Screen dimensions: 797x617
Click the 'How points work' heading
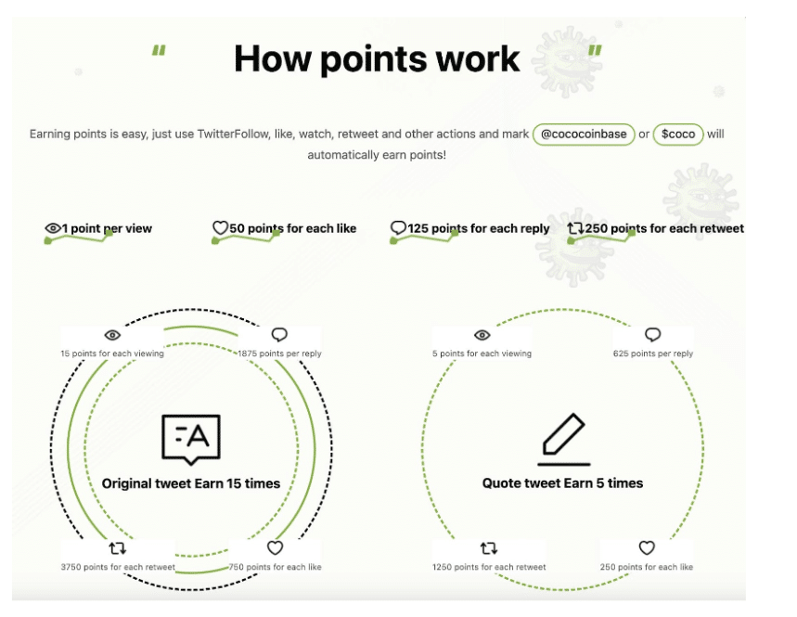[x=377, y=59]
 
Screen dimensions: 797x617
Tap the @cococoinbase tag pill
[x=584, y=135]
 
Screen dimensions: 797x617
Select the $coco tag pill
[x=678, y=135]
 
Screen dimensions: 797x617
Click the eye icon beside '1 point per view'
[x=53, y=228]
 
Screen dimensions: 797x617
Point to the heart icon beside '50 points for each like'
[x=220, y=227]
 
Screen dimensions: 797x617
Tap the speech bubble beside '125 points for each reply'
[x=398, y=227]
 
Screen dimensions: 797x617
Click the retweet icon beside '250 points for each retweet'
[x=575, y=228]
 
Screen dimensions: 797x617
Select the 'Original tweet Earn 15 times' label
[x=191, y=483]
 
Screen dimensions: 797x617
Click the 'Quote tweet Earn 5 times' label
[x=562, y=482]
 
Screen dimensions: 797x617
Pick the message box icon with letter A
[x=191, y=439]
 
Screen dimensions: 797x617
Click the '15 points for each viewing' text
[x=112, y=353]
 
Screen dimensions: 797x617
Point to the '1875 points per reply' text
[x=279, y=353]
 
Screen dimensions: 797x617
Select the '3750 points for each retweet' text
[x=118, y=567]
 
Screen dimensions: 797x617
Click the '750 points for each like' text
[x=275, y=567]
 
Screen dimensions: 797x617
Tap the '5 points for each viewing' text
[x=482, y=353]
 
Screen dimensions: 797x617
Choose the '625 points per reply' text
[x=653, y=353]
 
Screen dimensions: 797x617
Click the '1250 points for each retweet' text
[x=489, y=567]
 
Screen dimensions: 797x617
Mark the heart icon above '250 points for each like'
[x=647, y=548]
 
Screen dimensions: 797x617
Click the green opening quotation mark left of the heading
[x=159, y=50]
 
